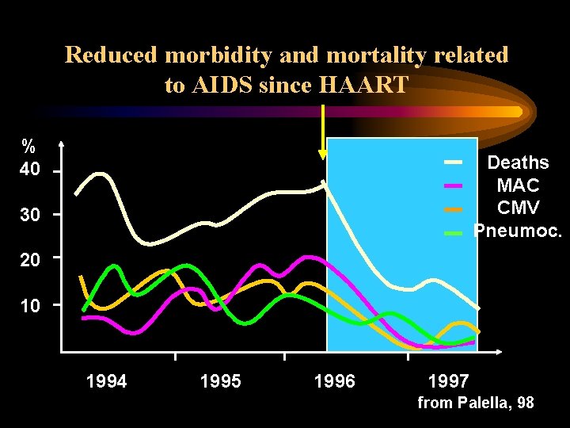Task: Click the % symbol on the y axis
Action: [x=28, y=147]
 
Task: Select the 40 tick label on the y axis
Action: [x=29, y=170]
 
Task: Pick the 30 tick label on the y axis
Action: [x=29, y=214]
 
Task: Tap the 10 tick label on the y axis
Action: [x=29, y=304]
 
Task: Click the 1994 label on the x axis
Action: [x=106, y=381]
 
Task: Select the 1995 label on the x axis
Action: [x=220, y=381]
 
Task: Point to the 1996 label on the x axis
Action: [x=334, y=381]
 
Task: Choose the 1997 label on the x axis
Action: [x=448, y=381]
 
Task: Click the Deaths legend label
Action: [x=518, y=163]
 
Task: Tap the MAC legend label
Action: [x=518, y=186]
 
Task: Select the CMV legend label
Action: [x=518, y=208]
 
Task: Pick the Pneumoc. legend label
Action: [x=518, y=231]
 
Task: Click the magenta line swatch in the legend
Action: [x=453, y=185]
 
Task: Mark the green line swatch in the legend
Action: [x=453, y=233]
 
